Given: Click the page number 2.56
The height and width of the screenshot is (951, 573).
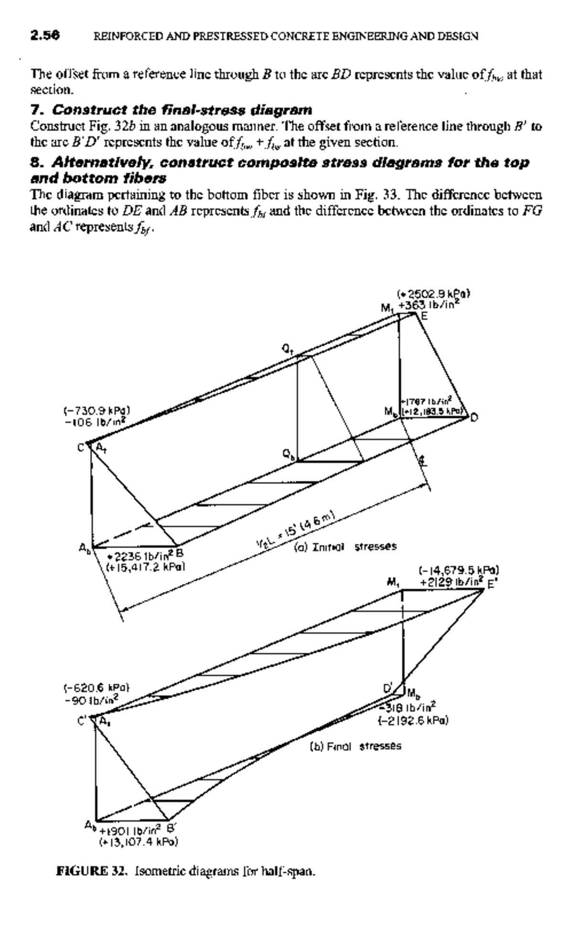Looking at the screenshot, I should [x=45, y=35].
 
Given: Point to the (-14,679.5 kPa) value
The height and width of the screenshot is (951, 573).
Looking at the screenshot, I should [x=458, y=570].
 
